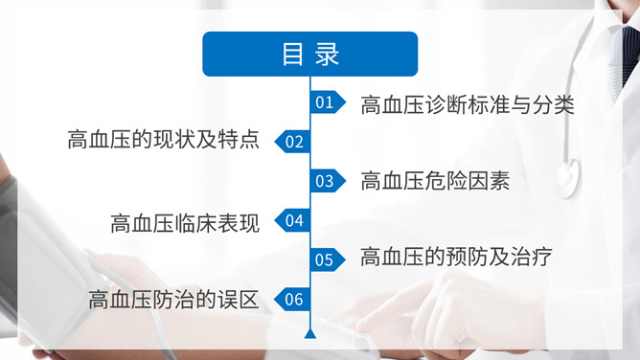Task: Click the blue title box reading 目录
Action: pyautogui.click(x=309, y=54)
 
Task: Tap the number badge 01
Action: pyautogui.click(x=326, y=102)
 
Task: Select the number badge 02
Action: pyautogui.click(x=292, y=143)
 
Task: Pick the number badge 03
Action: pyautogui.click(x=326, y=181)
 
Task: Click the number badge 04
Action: pyautogui.click(x=292, y=221)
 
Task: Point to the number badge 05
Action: pyautogui.click(x=326, y=259)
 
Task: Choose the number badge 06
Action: pyautogui.click(x=292, y=300)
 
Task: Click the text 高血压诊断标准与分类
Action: pyautogui.click(x=468, y=104)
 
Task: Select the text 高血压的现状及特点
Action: pyautogui.click(x=163, y=141)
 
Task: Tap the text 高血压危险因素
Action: pyautogui.click(x=434, y=181)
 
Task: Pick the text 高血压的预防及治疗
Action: pyautogui.click(x=456, y=257)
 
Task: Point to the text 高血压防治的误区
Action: pyautogui.click(x=173, y=301)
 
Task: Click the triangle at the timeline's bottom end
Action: pyautogui.click(x=309, y=334)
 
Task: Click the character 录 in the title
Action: pyautogui.click(x=327, y=54)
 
